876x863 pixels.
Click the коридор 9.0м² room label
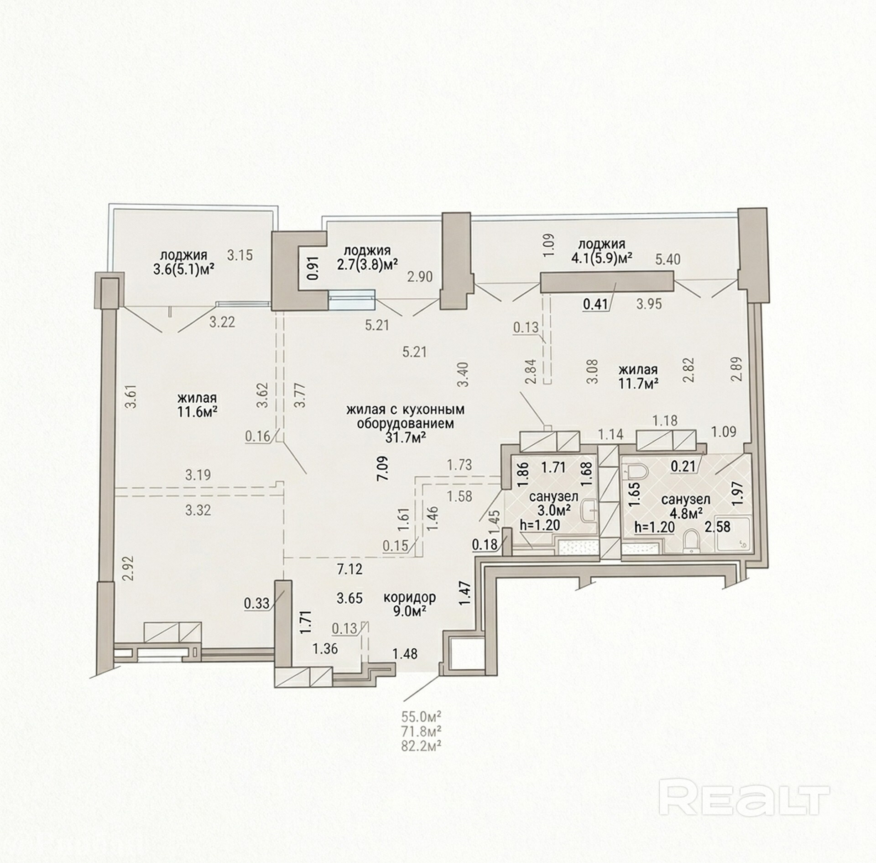(x=409, y=604)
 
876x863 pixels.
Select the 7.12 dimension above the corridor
(x=349, y=569)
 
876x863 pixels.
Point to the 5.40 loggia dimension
(x=667, y=259)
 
